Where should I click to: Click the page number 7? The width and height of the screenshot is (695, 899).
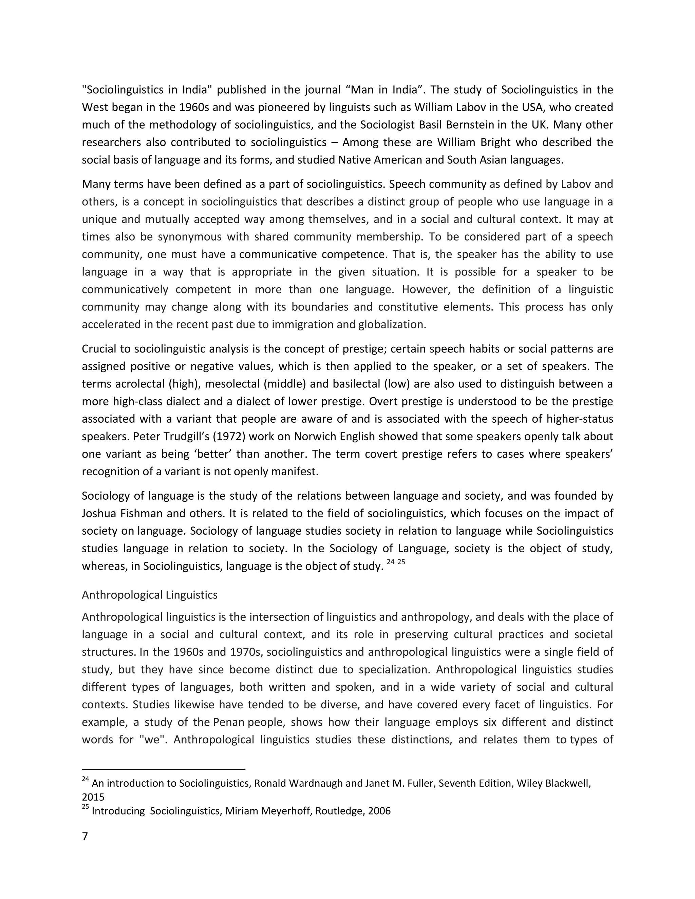click(x=85, y=837)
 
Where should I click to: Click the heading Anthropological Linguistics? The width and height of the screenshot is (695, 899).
click(x=149, y=595)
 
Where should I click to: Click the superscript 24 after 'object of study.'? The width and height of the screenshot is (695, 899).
click(x=391, y=561)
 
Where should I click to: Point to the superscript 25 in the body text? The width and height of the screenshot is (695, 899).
click(x=401, y=561)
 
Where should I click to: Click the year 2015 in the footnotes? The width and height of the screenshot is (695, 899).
click(x=93, y=797)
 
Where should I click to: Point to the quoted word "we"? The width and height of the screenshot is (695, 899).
click(x=153, y=740)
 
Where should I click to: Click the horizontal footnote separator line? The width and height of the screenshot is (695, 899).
click(x=164, y=769)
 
